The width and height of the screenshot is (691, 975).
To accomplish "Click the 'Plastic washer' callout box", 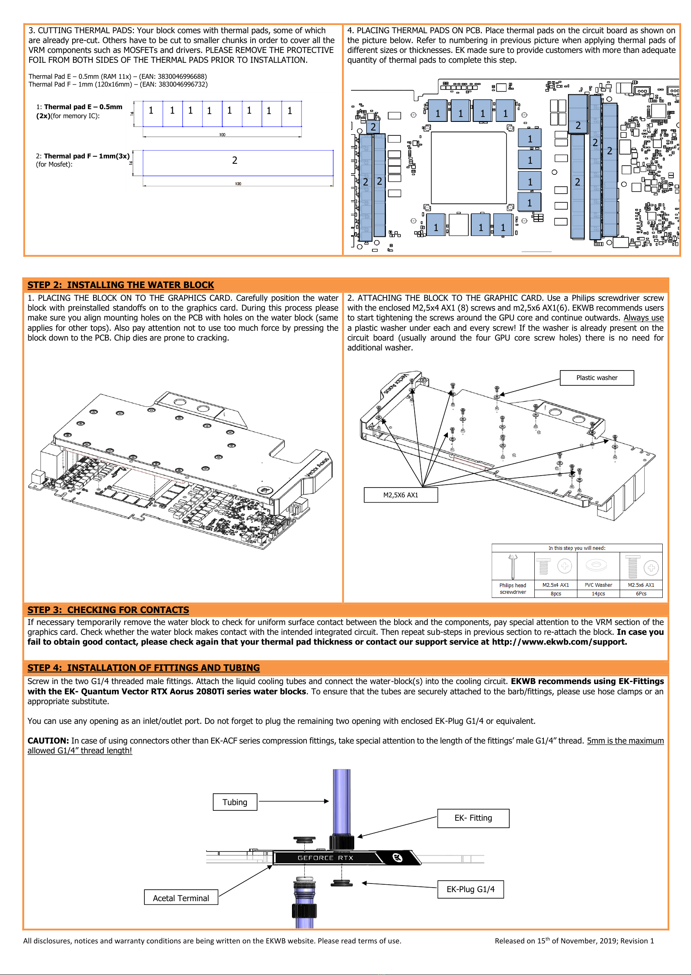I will pyautogui.click(x=597, y=378).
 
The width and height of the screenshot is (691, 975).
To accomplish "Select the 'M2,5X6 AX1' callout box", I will pyautogui.click(x=400, y=495).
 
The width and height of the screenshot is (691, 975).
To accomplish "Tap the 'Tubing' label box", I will pyautogui.click(x=235, y=802).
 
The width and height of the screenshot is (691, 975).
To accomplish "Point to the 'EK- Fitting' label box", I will pyautogui.click(x=473, y=818).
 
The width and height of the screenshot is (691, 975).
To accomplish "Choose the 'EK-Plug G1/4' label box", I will pyautogui.click(x=471, y=889).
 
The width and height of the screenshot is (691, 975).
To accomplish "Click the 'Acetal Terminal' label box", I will pyautogui.click(x=181, y=898).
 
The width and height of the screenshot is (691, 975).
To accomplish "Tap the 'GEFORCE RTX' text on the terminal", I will pyautogui.click(x=326, y=858).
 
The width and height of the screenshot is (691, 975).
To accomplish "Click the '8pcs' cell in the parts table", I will pyautogui.click(x=556, y=593).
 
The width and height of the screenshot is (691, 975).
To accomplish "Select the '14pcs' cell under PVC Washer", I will pyautogui.click(x=598, y=593).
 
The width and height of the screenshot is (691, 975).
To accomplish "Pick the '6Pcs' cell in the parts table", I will pyautogui.click(x=641, y=593).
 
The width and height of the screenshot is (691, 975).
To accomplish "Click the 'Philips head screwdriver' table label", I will pyautogui.click(x=513, y=589).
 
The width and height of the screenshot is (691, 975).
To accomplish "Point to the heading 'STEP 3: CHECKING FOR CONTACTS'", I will pyautogui.click(x=108, y=610).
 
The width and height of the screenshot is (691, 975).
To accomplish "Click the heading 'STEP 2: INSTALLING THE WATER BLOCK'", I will pyautogui.click(x=121, y=285).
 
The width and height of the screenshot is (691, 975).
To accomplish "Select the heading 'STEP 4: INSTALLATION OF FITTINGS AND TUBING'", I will pyautogui.click(x=144, y=668).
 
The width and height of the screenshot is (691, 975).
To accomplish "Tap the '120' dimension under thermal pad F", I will pyautogui.click(x=238, y=184).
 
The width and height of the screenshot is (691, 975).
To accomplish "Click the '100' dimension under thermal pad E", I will pyautogui.click(x=222, y=135).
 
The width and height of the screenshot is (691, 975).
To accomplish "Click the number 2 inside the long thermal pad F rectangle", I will pyautogui.click(x=235, y=160).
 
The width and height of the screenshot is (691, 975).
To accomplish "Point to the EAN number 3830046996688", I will pyautogui.click(x=182, y=77).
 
